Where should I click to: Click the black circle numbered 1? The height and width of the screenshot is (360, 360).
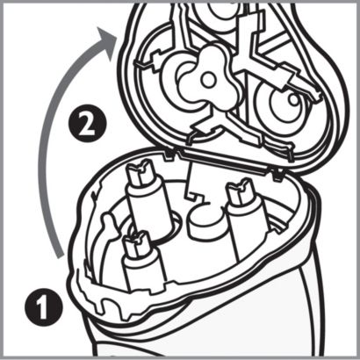[44, 306]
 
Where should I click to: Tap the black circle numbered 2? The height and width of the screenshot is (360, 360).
[87, 124]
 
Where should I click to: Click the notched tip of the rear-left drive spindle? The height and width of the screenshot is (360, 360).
[140, 173]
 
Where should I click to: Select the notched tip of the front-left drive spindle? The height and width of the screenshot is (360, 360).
[136, 244]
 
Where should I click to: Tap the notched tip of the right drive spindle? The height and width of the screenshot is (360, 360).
[241, 191]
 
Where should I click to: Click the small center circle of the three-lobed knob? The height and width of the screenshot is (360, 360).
[208, 80]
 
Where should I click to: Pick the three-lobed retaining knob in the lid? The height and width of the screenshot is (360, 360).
[210, 79]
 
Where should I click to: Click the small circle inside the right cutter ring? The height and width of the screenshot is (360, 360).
[292, 99]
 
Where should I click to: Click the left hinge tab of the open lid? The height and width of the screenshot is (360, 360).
[169, 155]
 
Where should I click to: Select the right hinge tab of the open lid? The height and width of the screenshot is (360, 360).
[277, 174]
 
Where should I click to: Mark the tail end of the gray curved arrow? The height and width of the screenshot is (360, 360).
[60, 256]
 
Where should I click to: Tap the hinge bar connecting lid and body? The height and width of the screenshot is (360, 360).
[222, 162]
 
